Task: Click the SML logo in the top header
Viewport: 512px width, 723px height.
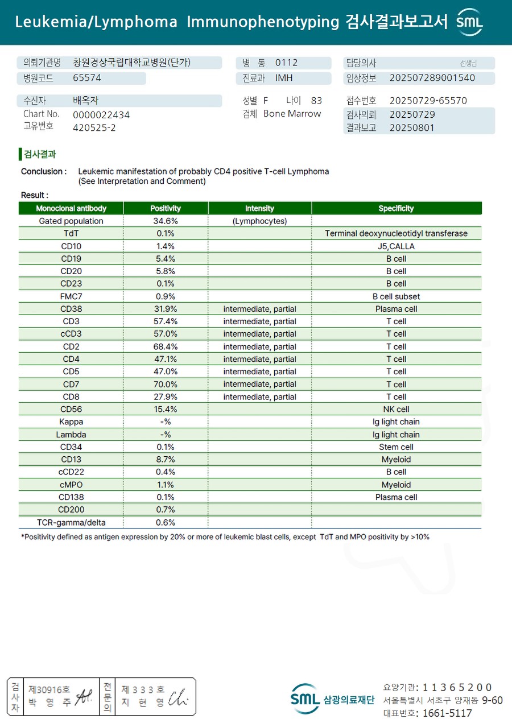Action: point(470,22)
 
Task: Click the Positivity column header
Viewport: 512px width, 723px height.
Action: point(166,208)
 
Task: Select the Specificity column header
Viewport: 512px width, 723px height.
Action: point(396,208)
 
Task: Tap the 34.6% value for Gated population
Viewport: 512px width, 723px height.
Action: point(166,221)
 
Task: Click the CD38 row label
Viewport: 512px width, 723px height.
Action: point(71,309)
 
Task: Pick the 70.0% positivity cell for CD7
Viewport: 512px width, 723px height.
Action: point(166,385)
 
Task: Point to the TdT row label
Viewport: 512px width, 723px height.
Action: point(71,233)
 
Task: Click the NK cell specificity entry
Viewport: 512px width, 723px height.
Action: point(396,410)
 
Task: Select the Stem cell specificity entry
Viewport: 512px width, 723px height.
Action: point(396,447)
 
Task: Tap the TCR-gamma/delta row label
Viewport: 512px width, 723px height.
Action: point(71,522)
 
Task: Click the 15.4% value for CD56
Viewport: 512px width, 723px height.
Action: point(166,410)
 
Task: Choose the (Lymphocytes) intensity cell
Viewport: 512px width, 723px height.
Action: point(259,221)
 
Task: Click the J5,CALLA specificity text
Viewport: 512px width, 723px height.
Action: point(396,246)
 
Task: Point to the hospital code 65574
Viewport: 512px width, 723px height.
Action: point(87,78)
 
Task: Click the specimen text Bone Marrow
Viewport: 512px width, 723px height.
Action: point(292,114)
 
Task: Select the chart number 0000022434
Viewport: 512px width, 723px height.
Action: point(101,115)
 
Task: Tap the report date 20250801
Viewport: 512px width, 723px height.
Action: point(412,127)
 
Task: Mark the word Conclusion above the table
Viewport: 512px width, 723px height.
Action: point(42,171)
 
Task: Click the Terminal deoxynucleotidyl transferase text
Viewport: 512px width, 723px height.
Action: point(396,233)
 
